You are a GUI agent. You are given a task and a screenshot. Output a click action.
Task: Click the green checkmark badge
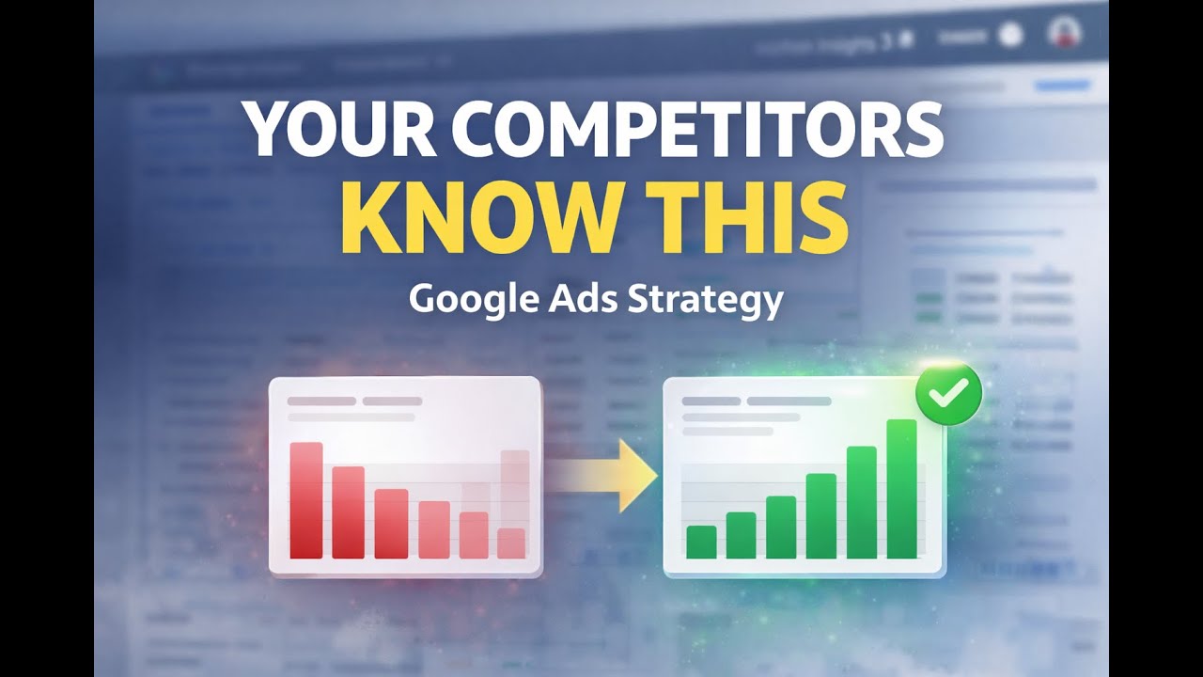pyautogui.click(x=949, y=395)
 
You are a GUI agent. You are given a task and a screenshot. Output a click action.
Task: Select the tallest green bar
pyautogui.click(x=901, y=489)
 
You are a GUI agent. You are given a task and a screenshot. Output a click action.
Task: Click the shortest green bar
pyautogui.click(x=701, y=542)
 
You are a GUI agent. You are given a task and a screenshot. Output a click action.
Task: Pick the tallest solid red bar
pyautogui.click(x=306, y=500)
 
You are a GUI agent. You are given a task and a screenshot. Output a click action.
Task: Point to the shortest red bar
pyautogui.click(x=511, y=543)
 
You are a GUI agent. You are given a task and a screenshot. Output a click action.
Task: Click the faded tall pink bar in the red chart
pyautogui.click(x=515, y=488)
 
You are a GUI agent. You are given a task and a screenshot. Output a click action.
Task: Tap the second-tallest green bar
pyautogui.click(x=861, y=502)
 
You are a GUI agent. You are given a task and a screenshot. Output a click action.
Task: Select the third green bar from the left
pyautogui.click(x=781, y=527)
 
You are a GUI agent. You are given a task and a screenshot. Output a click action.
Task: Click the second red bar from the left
pyautogui.click(x=348, y=512)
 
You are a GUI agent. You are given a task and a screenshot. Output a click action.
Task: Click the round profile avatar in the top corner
pyautogui.click(x=1064, y=34)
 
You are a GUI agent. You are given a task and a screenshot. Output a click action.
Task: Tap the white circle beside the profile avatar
pyautogui.click(x=1010, y=35)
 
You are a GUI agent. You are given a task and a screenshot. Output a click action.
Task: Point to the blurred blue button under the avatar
pyautogui.click(x=1062, y=86)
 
